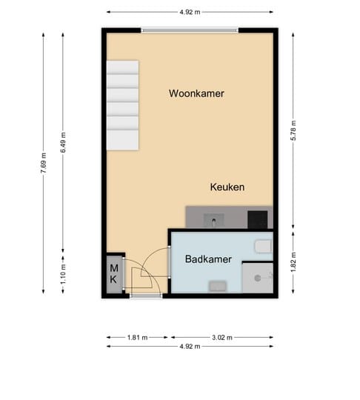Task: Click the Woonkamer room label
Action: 196,94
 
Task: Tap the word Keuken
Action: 227,187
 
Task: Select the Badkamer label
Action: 209,259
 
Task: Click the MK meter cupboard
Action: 114,274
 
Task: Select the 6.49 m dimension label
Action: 63,142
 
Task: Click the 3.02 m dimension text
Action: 222,337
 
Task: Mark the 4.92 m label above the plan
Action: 190,12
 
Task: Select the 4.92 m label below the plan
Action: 190,346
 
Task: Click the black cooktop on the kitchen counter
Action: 257,219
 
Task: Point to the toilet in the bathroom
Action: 263,246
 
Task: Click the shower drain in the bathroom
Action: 257,278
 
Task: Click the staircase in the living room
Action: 122,104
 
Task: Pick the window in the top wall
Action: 190,30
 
